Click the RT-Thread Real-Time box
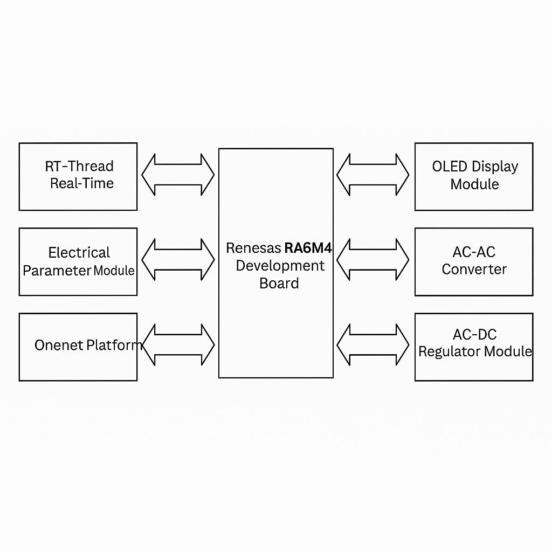point(78,176)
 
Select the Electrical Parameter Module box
point(78,261)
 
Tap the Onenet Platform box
point(78,347)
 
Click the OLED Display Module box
point(474,176)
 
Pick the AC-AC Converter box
point(474,261)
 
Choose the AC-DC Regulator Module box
point(474,347)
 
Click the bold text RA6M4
point(308,248)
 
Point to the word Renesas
point(253,248)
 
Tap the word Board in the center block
point(279,283)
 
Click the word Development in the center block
point(280,266)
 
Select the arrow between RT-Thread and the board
point(178,175)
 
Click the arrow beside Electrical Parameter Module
point(178,260)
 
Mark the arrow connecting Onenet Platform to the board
point(178,345)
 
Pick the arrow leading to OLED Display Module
point(373,175)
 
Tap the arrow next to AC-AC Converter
point(373,260)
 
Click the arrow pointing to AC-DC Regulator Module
point(373,345)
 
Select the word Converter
point(474,269)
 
